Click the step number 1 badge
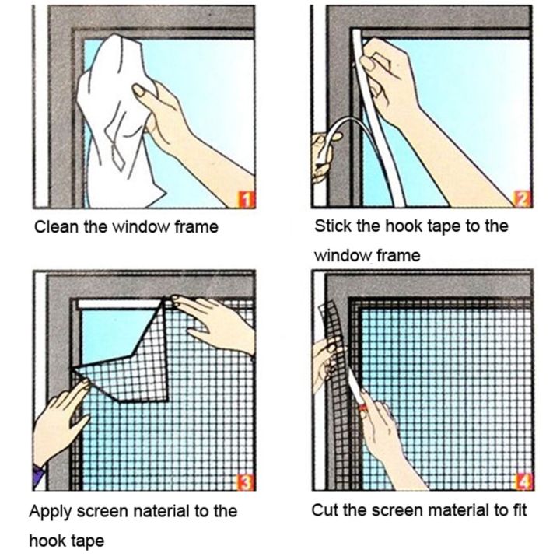(245, 200)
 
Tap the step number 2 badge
(523, 199)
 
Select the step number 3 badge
(245, 483)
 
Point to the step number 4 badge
(523, 483)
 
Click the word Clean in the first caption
(54, 227)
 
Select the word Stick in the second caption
(332, 226)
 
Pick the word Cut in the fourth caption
(324, 511)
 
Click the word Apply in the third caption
(49, 513)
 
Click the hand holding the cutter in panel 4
(385, 436)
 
